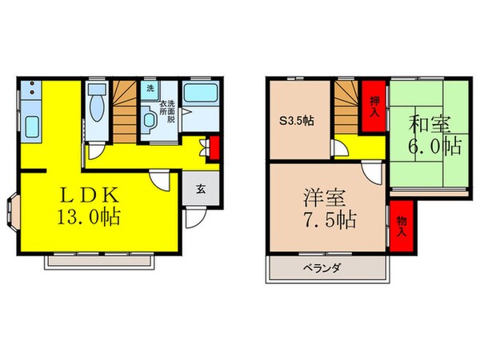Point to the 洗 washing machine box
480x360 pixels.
150,90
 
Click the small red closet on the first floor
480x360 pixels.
212,148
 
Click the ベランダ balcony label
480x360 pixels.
322,269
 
